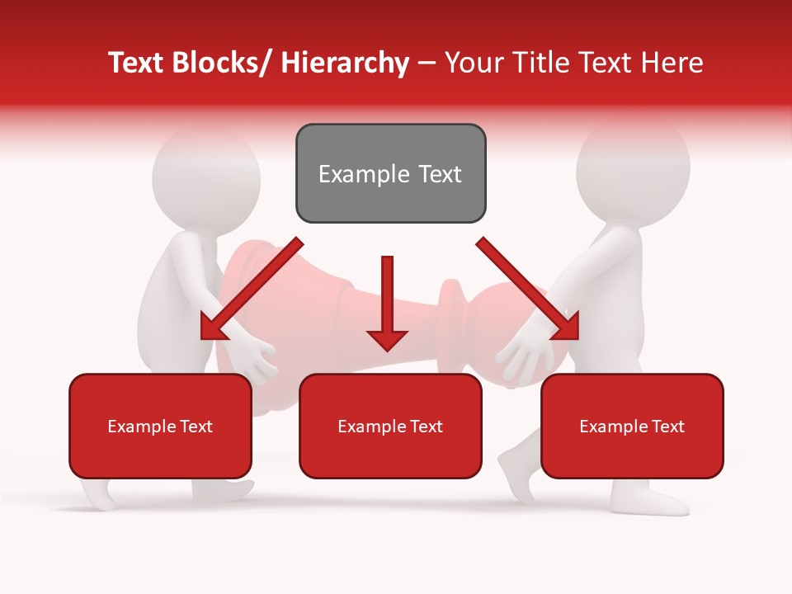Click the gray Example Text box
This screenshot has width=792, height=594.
pyautogui.click(x=390, y=173)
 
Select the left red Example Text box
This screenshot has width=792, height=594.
pyautogui.click(x=160, y=426)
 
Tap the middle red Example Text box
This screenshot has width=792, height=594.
pyautogui.click(x=390, y=426)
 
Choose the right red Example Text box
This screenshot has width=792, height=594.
pyautogui.click(x=632, y=426)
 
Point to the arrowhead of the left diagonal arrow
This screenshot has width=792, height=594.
pyautogui.click(x=213, y=328)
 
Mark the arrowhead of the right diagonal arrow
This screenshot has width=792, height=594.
pyautogui.click(x=566, y=327)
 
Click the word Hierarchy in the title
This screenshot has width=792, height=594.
pyautogui.click(x=345, y=63)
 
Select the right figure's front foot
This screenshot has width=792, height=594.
pyautogui.click(x=652, y=500)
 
